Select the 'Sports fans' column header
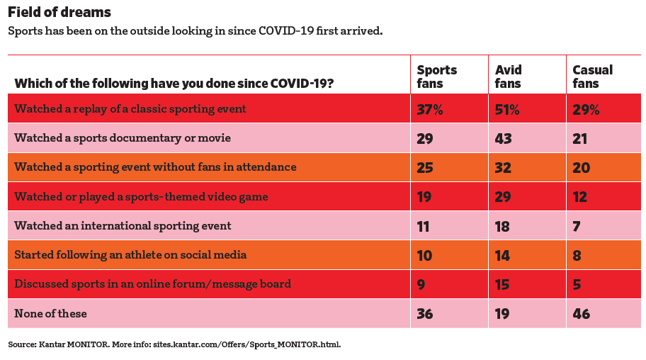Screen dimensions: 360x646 click(x=436, y=77)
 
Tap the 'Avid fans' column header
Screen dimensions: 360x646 click(x=508, y=77)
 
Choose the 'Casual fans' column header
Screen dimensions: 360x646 click(x=592, y=77)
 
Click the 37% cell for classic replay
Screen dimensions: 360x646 click(x=429, y=109)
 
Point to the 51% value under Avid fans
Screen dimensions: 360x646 click(x=507, y=109)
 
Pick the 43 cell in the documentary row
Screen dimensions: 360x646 click(x=504, y=138)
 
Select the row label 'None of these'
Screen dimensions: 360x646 click(x=50, y=313)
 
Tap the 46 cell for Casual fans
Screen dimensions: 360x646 click(x=582, y=313)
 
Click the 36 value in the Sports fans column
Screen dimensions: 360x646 click(x=425, y=313)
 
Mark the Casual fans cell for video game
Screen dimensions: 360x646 click(x=580, y=197)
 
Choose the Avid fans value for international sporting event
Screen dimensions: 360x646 click(x=503, y=226)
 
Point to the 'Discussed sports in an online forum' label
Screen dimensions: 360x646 click(x=152, y=284)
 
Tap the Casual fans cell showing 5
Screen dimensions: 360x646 click(x=577, y=284)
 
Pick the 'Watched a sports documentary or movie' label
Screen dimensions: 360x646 click(x=123, y=138)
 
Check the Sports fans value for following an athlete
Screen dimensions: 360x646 click(x=424, y=255)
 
